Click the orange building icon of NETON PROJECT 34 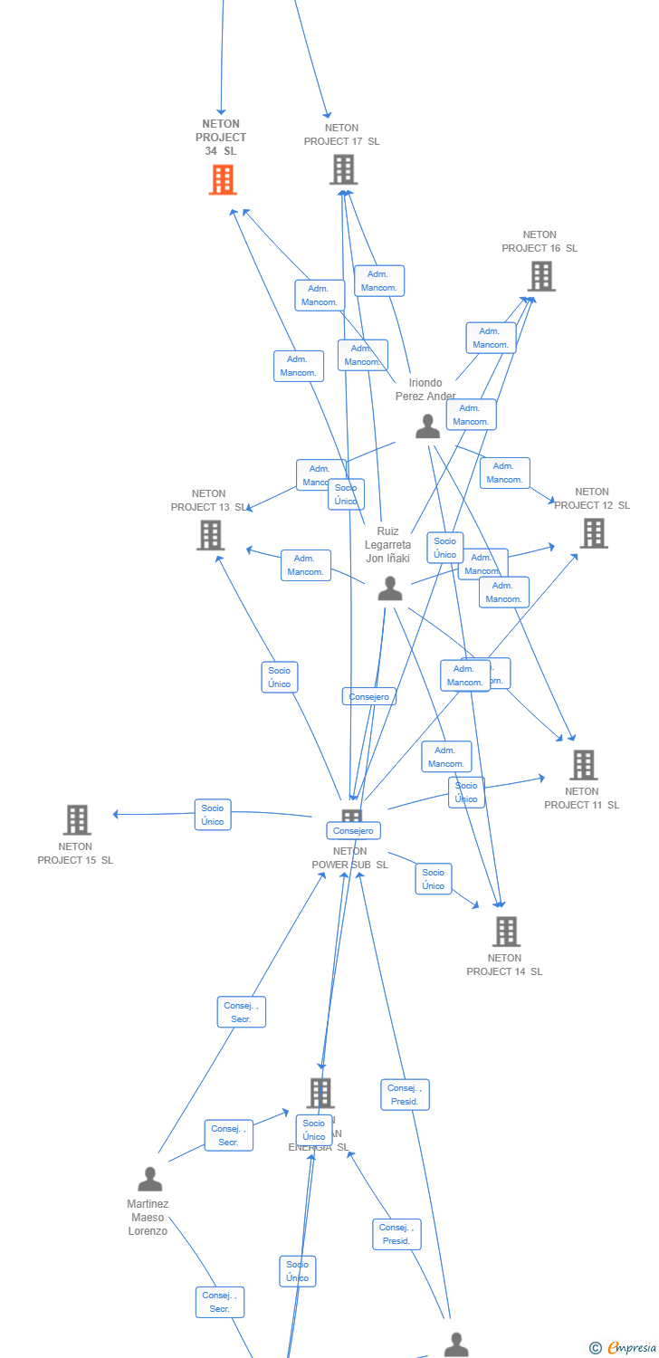click(222, 179)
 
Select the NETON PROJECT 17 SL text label click(341, 135)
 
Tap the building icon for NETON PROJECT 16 click(540, 276)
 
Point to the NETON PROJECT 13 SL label click(208, 501)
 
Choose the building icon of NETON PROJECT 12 click(593, 533)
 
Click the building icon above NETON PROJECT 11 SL click(583, 765)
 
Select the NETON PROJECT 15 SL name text click(75, 854)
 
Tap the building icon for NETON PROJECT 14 click(505, 931)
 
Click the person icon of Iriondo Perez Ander click(427, 426)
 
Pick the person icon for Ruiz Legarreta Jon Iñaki click(389, 589)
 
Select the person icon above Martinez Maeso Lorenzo click(149, 1179)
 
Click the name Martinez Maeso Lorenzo click(148, 1218)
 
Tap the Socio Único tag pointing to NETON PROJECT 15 click(213, 815)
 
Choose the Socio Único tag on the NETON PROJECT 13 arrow click(280, 677)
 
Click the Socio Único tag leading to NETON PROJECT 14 click(434, 879)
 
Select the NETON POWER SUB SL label click(349, 858)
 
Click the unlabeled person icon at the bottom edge click(456, 1344)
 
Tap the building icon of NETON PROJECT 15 click(77, 819)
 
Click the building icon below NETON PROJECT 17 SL click(343, 169)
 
